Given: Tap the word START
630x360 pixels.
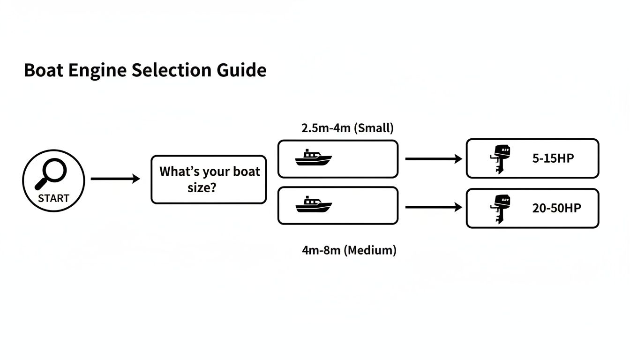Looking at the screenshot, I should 53,198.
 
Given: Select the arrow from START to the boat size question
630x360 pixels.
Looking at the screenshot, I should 115,179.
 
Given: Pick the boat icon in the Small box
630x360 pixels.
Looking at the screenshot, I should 313,158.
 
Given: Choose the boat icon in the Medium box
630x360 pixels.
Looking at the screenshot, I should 313,205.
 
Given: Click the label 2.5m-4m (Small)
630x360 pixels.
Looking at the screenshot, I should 347,128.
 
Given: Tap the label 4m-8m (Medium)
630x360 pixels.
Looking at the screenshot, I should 349,250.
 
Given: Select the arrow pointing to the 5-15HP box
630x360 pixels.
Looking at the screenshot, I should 434,159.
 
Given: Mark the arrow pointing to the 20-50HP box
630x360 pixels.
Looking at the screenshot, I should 434,207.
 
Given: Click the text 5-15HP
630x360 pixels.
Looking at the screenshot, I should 553,158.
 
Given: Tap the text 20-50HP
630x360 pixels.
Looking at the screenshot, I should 556,208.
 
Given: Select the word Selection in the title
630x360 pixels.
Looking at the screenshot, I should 171,70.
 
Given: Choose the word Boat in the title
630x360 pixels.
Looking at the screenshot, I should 44,70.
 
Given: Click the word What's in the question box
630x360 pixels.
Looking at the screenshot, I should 180,172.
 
